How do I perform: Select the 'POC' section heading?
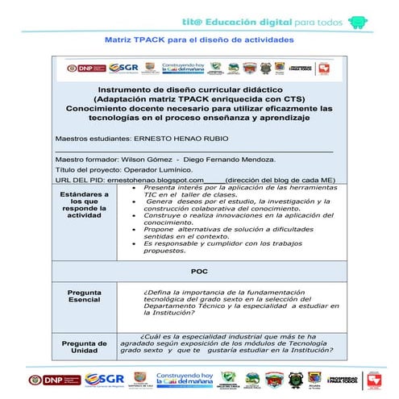[199, 272]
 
